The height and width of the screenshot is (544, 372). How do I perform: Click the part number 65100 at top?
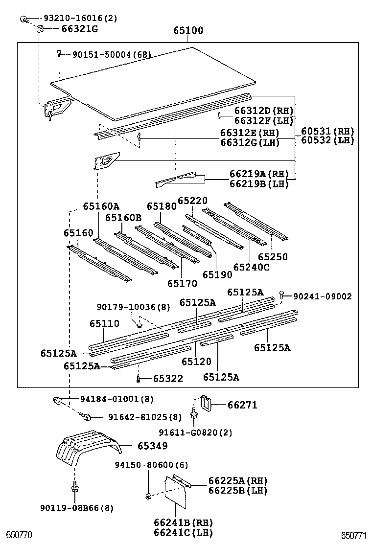click(x=188, y=31)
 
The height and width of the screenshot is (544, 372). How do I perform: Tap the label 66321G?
click(x=80, y=29)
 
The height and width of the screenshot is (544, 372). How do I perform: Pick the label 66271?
click(x=242, y=405)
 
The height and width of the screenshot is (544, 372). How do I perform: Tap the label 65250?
click(x=273, y=257)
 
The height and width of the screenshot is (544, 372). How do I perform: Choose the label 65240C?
click(x=252, y=267)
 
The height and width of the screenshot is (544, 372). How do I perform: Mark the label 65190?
click(x=217, y=275)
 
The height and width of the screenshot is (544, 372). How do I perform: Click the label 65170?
click(x=182, y=283)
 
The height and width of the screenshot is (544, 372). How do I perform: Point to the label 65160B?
click(x=123, y=217)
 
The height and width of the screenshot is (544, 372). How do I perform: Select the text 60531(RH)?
click(x=327, y=131)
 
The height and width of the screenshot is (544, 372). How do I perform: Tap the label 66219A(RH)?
click(x=259, y=174)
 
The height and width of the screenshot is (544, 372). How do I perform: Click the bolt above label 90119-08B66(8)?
click(x=74, y=487)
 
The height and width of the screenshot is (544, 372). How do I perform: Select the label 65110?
click(x=104, y=324)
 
